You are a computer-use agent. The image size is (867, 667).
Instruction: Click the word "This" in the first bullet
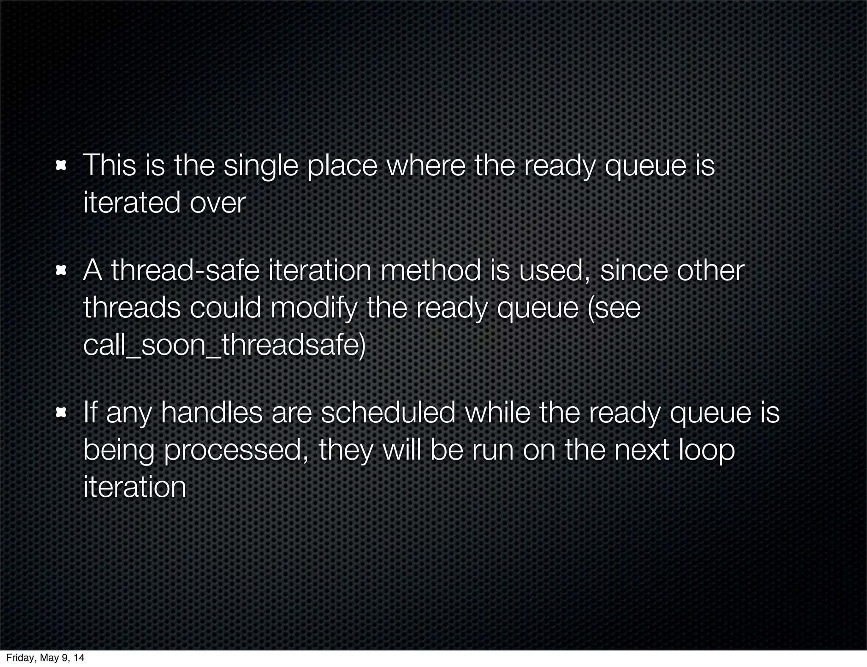coord(110,165)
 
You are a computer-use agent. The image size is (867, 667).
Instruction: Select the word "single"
coord(261,166)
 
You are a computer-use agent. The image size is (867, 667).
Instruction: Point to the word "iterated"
coord(132,203)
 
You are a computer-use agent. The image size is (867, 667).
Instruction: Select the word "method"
coord(431,270)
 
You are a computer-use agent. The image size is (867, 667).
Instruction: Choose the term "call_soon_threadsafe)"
coord(224,345)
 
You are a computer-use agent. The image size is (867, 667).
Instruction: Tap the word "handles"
coord(212,413)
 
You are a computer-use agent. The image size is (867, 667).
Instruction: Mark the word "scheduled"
coord(388,413)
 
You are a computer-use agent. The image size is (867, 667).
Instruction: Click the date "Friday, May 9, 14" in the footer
coord(45,657)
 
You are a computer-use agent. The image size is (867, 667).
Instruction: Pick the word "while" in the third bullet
coord(497,413)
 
